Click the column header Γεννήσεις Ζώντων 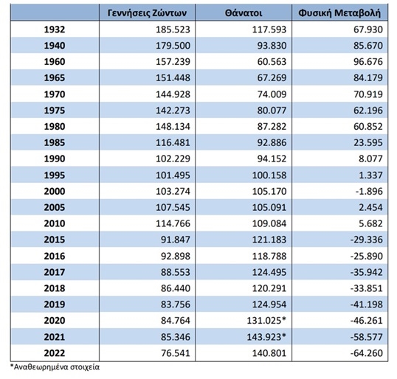click(x=147, y=13)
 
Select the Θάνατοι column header click(x=244, y=13)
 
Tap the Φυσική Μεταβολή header click(x=339, y=13)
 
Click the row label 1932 click(x=55, y=29)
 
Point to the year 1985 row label click(x=55, y=142)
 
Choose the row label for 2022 click(x=55, y=353)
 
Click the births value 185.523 click(x=173, y=29)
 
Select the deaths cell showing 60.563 click(x=272, y=62)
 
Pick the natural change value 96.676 click(x=368, y=62)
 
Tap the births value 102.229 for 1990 click(x=173, y=159)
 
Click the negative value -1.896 click(x=369, y=191)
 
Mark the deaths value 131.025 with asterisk click(x=266, y=321)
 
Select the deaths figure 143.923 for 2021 click(x=266, y=337)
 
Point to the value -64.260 click(x=367, y=353)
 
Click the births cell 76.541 click(x=176, y=353)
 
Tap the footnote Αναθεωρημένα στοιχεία click(x=55, y=367)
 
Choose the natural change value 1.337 click(x=370, y=175)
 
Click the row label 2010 click(x=55, y=223)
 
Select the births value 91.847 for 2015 click(x=176, y=240)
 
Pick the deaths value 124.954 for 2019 click(x=269, y=305)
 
